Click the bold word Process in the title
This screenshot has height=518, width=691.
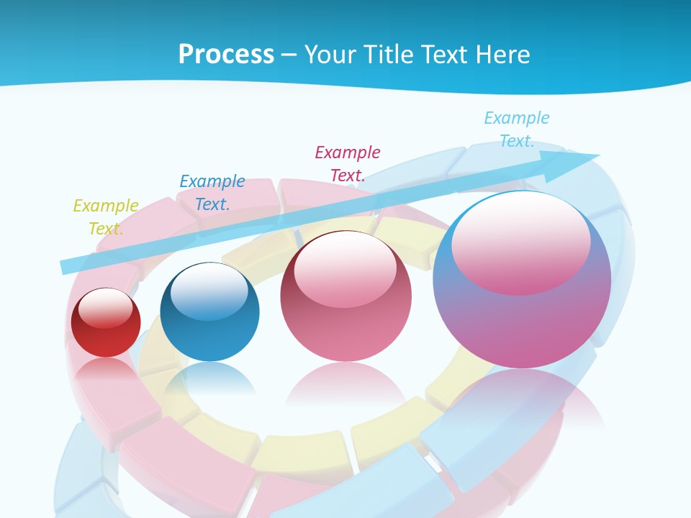tap(226, 54)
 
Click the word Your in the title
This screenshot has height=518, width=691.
tap(332, 54)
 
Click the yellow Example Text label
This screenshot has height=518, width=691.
tap(106, 217)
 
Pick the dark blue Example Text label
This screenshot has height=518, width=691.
tap(212, 192)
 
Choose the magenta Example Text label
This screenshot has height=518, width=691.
tap(348, 163)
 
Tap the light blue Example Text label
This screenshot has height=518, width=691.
tap(517, 129)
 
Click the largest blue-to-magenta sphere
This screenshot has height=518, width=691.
tap(522, 324)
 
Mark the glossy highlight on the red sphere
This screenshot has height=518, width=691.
tap(106, 308)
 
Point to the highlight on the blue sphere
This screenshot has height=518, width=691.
tap(209, 291)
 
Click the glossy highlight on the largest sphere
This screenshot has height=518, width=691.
tap(521, 241)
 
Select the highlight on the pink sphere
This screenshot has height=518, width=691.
tap(345, 270)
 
